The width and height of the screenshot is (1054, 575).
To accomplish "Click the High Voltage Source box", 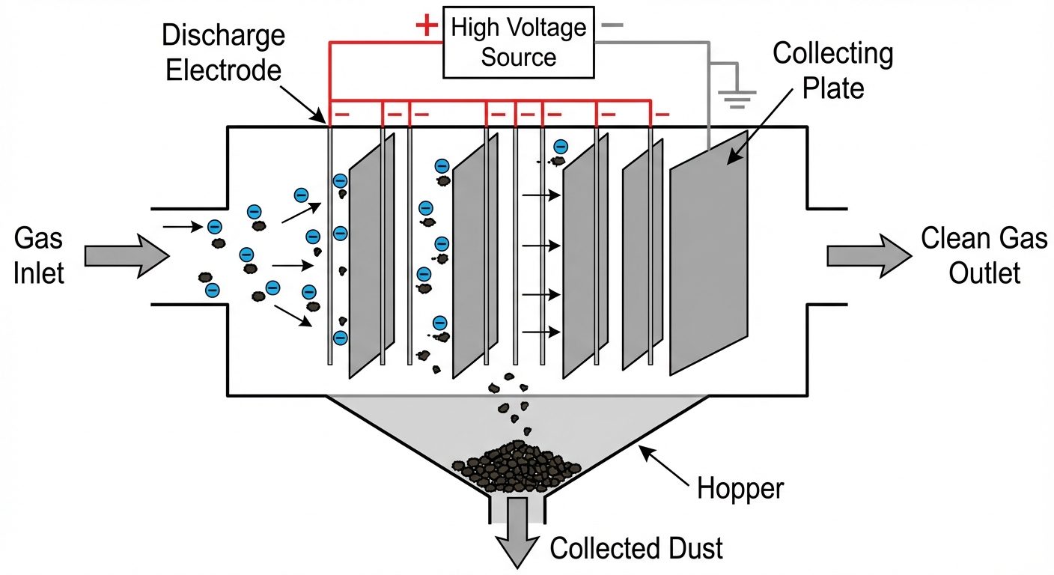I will (519, 43).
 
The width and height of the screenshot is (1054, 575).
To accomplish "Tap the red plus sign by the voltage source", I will (426, 26).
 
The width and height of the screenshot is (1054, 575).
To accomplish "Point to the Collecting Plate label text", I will (832, 71).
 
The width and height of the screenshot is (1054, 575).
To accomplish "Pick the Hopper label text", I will (740, 489).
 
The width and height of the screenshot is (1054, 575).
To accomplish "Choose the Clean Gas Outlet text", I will (984, 255).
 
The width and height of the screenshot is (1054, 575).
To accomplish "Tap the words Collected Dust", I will (636, 548).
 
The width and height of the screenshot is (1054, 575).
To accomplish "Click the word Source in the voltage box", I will (519, 57).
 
